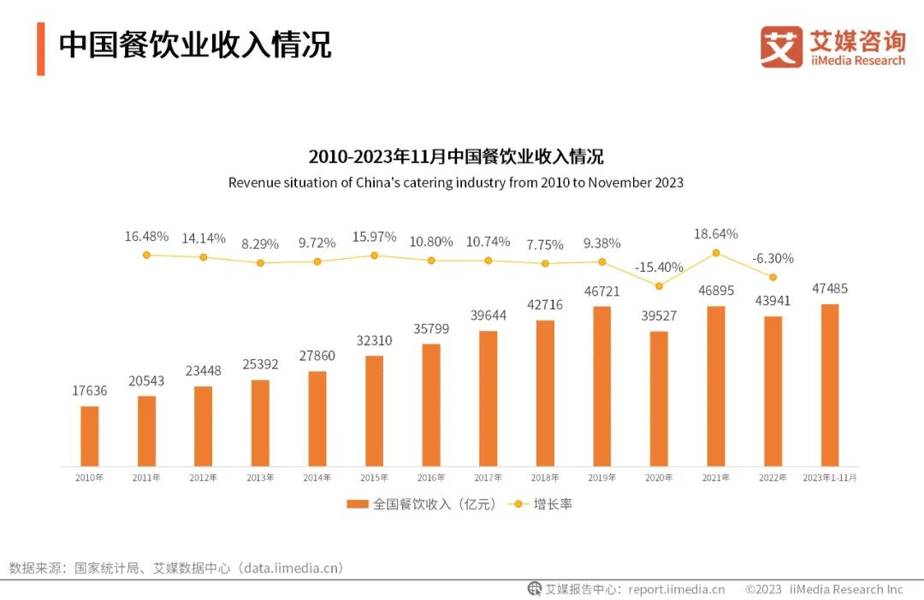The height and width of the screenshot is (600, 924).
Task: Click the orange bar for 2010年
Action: tap(90, 436)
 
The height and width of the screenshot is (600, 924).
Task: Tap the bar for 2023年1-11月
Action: tap(829, 385)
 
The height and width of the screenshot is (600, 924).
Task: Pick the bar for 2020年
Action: tap(659, 398)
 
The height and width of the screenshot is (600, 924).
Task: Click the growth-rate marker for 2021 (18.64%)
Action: tap(716, 253)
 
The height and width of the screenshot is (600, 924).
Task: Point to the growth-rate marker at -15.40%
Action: tap(659, 286)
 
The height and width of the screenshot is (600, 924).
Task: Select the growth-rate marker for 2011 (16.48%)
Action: tap(146, 255)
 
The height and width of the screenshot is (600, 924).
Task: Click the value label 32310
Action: tap(374, 340)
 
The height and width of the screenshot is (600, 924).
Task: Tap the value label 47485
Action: tap(829, 289)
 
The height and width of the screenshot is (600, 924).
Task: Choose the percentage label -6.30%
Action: tap(773, 258)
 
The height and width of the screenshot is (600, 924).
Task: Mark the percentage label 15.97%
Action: tap(374, 237)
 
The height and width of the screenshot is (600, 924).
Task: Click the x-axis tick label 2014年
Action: tap(317, 478)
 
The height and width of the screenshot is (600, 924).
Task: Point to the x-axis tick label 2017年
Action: tap(488, 478)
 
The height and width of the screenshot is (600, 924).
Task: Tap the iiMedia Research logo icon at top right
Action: tap(781, 47)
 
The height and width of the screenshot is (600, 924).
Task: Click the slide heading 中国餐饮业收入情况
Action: tap(194, 45)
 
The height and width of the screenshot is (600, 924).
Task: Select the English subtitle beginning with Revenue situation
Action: tap(455, 183)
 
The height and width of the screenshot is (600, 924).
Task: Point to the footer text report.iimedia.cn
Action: tap(676, 589)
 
